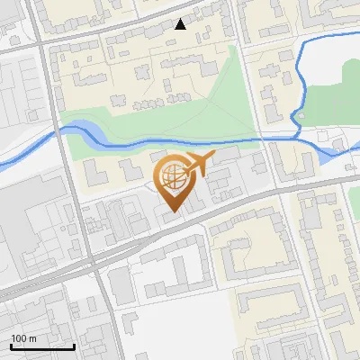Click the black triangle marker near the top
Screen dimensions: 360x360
click(x=181, y=24)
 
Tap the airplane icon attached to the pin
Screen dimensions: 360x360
click(x=198, y=165)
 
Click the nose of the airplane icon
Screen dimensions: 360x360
click(x=214, y=156)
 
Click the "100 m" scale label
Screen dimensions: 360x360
click(x=24, y=338)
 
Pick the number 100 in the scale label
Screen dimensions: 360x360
click(x=19, y=338)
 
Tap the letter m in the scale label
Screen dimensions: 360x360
click(x=32, y=338)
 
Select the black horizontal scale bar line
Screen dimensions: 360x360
click(x=42, y=347)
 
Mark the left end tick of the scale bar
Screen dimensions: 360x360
click(x=11, y=346)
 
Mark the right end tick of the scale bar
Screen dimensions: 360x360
click(x=74, y=346)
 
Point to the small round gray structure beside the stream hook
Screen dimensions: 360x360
click(x=302, y=116)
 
